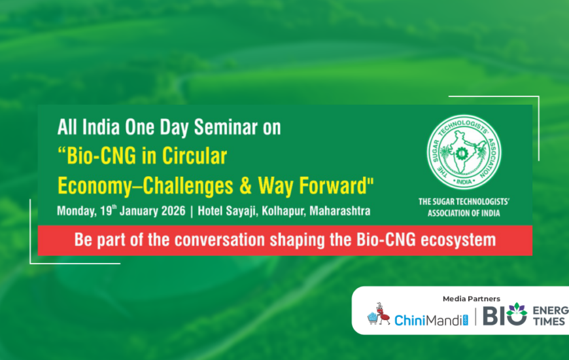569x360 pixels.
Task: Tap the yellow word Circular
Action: click(x=194, y=156)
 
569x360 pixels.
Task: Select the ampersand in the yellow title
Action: click(x=245, y=185)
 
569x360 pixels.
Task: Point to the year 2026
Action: click(x=173, y=211)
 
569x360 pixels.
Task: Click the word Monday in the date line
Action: click(x=77, y=211)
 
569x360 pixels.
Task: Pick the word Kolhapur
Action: click(x=283, y=211)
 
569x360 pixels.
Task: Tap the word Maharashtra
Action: click(x=340, y=211)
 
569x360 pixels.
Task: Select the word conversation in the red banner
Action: click(x=220, y=240)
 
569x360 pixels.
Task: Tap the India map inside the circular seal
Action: click(x=462, y=151)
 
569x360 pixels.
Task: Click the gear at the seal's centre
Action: click(x=462, y=154)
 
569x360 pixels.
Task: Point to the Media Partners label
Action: click(x=471, y=299)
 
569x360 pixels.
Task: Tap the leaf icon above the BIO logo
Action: click(x=517, y=310)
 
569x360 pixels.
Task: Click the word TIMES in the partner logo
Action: click(x=549, y=321)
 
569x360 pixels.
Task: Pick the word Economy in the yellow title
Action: click(x=95, y=186)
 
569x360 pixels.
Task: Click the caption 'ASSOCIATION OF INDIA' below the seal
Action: click(x=464, y=213)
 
